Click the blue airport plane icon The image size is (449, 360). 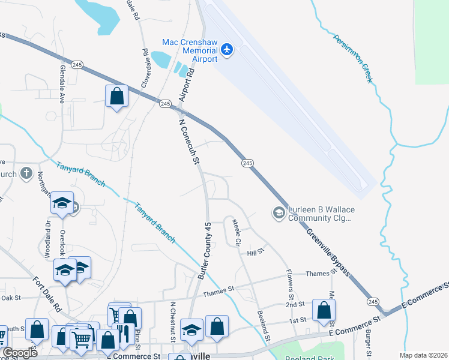tap(227, 49)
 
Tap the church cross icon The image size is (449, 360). tap(26, 174)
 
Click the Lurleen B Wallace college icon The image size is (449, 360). tap(278, 213)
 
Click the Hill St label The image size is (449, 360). tap(256, 253)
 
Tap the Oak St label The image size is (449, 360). tap(11, 298)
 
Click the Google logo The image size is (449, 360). tap(20, 353)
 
